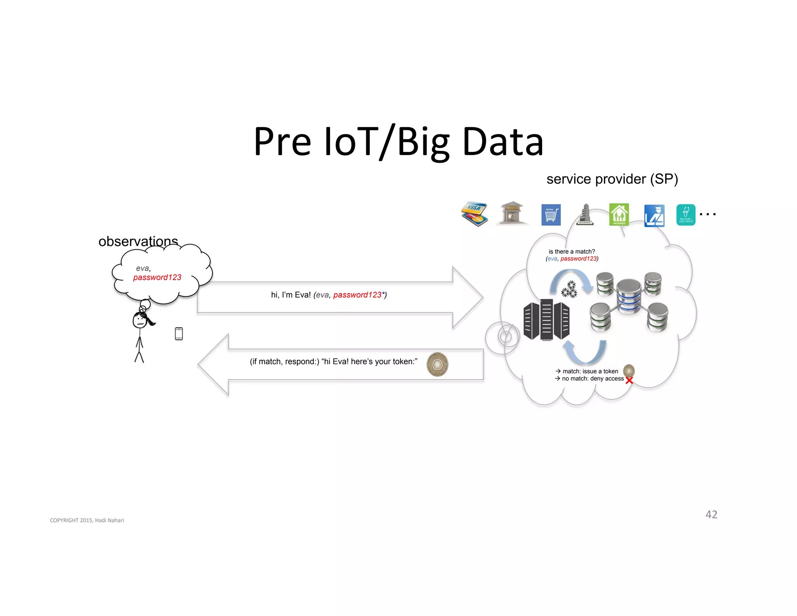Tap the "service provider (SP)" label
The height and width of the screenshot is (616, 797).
coord(612,179)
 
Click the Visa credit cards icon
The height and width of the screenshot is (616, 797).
coord(474,214)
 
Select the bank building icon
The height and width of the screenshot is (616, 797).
coord(512,213)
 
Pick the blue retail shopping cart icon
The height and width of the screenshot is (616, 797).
coord(551,215)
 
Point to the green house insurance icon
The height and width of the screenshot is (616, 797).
coord(619,215)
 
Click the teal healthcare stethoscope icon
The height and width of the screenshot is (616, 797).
coord(686,215)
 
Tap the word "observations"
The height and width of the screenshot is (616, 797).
coord(138,241)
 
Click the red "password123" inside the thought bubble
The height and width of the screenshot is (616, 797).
coord(157,277)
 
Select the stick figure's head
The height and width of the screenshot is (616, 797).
coord(140,320)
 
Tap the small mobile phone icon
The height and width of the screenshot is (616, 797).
coord(179,334)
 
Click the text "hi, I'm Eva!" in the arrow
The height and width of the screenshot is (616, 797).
coord(291,295)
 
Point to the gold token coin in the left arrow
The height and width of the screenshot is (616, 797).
coord(437,364)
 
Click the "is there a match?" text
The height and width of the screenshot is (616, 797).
coord(572,252)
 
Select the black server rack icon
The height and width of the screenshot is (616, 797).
coord(546,320)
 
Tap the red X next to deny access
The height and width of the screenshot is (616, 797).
coord(629,380)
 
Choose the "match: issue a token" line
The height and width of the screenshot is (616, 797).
coord(590,371)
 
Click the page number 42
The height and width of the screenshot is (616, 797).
coord(711,514)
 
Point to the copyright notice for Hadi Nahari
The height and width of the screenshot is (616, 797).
coord(87,520)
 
